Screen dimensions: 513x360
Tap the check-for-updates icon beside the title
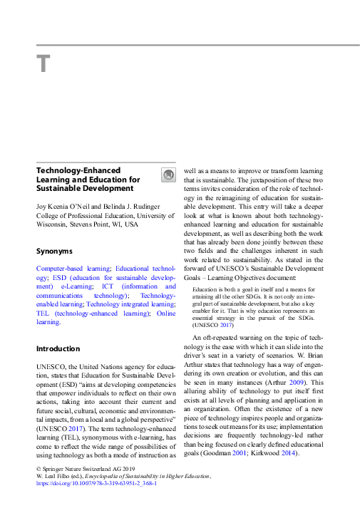[x=168, y=175]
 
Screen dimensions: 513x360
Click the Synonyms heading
[x=54, y=251]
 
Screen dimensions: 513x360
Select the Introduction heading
[x=58, y=348]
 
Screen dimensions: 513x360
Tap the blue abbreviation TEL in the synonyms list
[x=43, y=313]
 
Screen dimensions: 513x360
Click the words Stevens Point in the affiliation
[x=88, y=225]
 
